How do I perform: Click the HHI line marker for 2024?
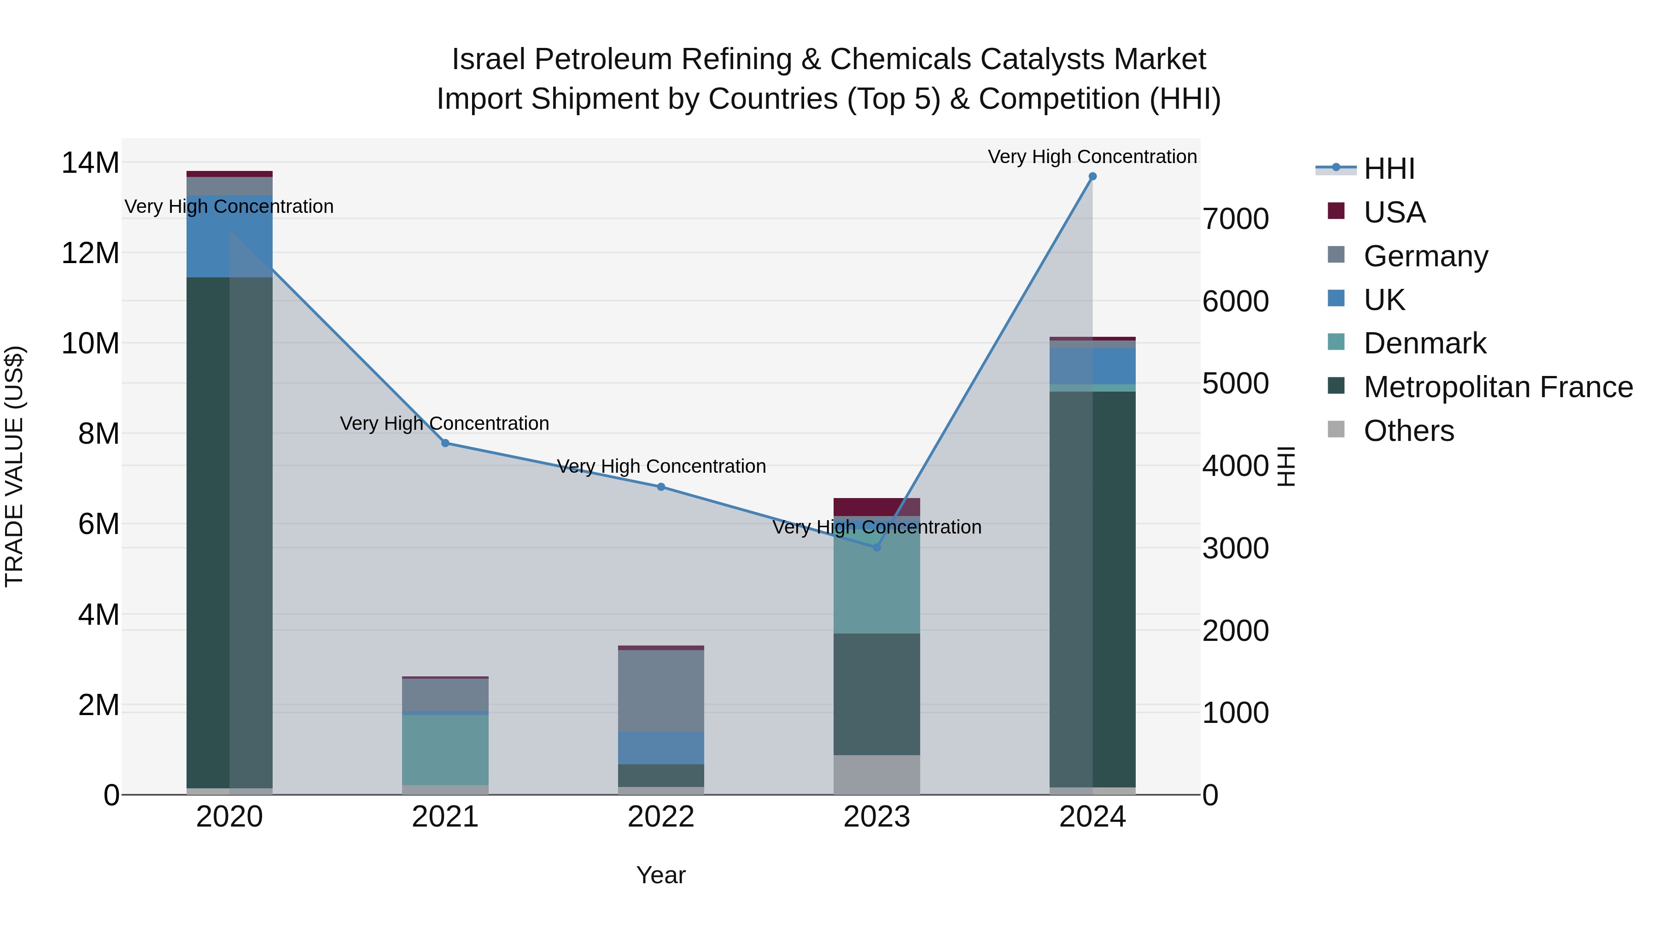pos(1092,176)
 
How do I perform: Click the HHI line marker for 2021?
pos(445,443)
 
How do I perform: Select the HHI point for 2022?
pos(661,487)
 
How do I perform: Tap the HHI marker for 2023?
pos(876,547)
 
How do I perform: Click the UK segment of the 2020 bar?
pos(229,236)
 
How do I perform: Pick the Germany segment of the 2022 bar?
pos(661,691)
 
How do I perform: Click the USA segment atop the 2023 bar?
pos(876,507)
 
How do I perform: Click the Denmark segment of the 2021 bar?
pos(445,750)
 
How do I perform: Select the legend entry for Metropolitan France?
pos(1498,387)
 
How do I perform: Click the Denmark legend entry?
pos(1424,343)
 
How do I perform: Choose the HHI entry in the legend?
pos(1389,169)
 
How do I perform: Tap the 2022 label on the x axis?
pos(661,817)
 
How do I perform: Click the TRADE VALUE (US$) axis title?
pos(14,466)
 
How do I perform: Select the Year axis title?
pos(661,875)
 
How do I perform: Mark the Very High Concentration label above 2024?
pos(1092,157)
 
